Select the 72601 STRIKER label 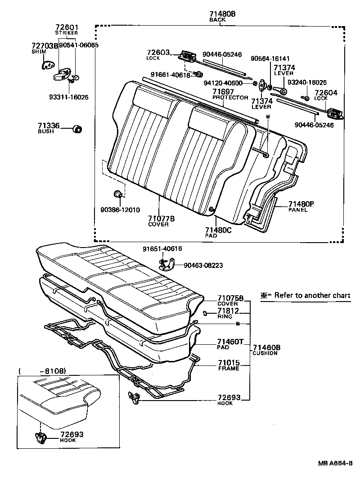66,30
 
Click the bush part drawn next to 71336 77,130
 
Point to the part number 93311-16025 69,97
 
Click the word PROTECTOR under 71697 230,98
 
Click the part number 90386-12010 120,210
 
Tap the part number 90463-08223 203,265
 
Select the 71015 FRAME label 229,365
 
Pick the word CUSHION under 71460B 265,353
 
